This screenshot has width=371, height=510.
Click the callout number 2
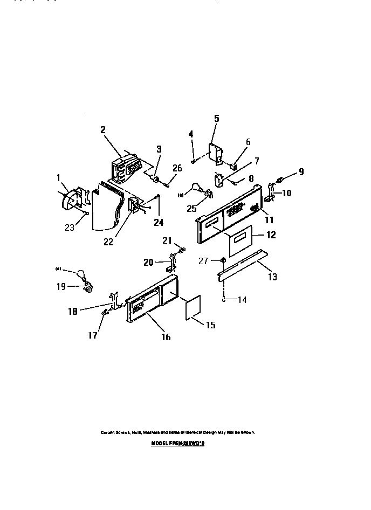[102, 129]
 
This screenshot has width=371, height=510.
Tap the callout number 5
[216, 119]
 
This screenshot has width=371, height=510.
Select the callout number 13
[273, 277]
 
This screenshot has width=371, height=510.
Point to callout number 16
[166, 337]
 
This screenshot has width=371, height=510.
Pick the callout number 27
[203, 261]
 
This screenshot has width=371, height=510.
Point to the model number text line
[178, 441]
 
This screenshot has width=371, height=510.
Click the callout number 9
[301, 172]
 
